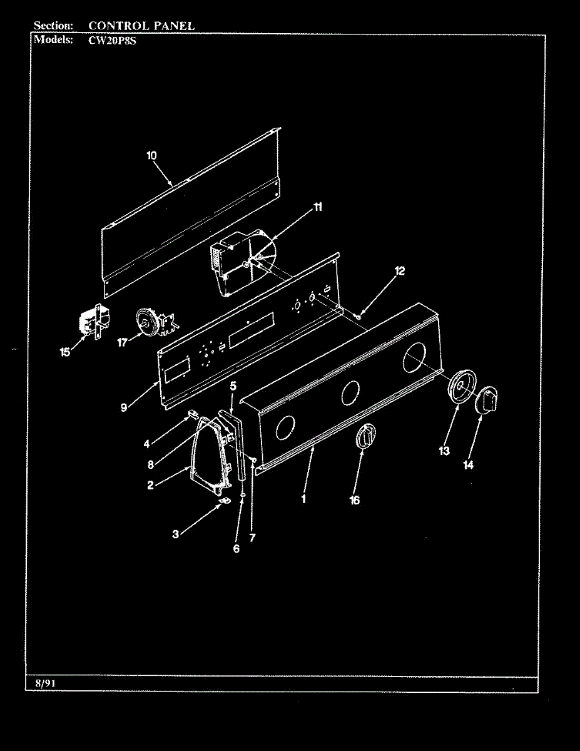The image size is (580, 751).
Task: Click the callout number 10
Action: [x=152, y=156]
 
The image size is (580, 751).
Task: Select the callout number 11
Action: [x=318, y=208]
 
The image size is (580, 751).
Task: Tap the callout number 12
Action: [x=399, y=271]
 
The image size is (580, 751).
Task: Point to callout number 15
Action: [x=65, y=353]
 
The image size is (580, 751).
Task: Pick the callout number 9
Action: [x=125, y=407]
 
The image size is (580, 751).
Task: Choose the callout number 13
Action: [x=444, y=451]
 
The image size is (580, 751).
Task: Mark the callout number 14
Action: [x=468, y=464]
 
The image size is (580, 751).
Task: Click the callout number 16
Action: [x=355, y=500]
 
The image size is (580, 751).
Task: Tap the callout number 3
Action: [x=176, y=534]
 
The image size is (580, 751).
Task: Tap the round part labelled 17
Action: [x=146, y=323]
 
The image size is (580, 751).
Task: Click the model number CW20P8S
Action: [x=108, y=39]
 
